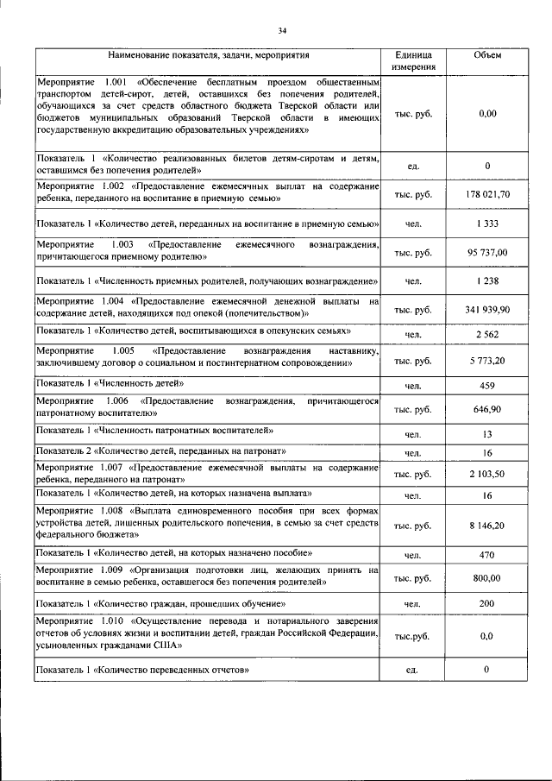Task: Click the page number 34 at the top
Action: point(281,32)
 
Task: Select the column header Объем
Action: point(487,55)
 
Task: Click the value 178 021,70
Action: point(487,194)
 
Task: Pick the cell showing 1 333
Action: point(487,224)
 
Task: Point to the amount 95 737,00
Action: point(487,252)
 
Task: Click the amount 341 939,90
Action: point(487,308)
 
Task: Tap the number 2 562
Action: point(487,333)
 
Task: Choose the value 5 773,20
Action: point(487,358)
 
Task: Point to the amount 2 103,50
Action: point(487,474)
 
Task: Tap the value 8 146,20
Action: point(487,524)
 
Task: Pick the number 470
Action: point(487,554)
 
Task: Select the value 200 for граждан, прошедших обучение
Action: point(487,605)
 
